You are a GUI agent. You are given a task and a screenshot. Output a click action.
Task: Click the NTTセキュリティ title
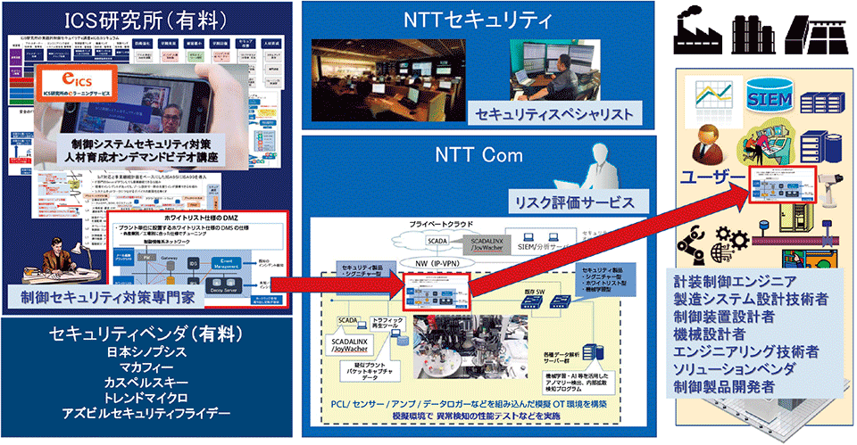(481, 18)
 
